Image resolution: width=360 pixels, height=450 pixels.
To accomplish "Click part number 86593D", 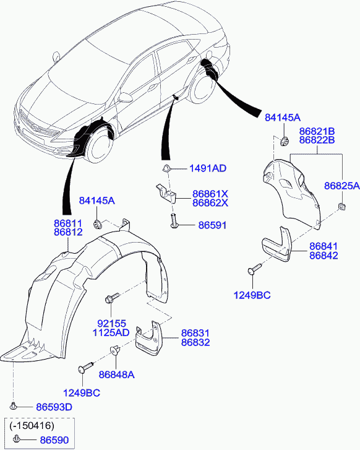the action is click(54, 407).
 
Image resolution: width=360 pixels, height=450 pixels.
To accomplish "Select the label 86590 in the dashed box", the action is click(54, 440).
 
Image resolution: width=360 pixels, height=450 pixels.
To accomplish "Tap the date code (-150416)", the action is click(32, 425).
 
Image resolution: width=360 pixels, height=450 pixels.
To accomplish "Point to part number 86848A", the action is click(116, 374).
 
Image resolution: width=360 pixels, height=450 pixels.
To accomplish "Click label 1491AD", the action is click(208, 168).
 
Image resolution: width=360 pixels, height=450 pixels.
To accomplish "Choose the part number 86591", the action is click(212, 225).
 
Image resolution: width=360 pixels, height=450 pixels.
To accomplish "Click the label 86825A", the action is click(342, 186).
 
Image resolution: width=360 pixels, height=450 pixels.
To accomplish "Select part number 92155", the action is click(111, 324).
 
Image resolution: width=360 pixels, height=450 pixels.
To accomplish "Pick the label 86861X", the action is click(210, 194).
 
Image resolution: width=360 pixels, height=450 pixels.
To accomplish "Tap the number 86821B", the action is click(317, 131).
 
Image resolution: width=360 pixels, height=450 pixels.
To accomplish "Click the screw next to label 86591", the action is click(174, 221).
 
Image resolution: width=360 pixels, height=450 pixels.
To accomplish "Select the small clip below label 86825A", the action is click(341, 206).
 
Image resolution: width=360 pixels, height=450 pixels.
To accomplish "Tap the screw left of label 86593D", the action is click(12, 406).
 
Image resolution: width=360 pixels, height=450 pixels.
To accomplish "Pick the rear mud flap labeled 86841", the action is click(277, 244).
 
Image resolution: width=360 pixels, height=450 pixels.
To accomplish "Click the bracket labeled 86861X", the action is click(166, 193).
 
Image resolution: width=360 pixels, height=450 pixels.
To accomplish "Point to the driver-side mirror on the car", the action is click(126, 97).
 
